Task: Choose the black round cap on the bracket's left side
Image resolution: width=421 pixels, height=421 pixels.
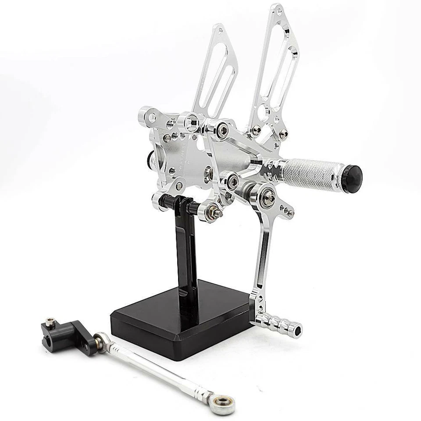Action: [x=150, y=159]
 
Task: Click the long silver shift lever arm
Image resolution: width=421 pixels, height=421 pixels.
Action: [x=262, y=254]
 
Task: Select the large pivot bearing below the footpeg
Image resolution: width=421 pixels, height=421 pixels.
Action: [x=266, y=197]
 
